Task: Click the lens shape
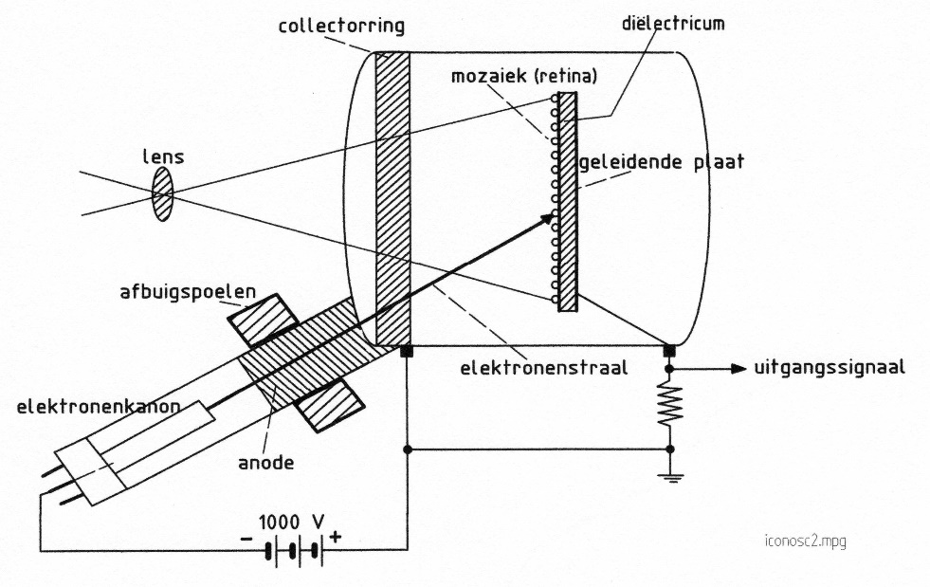click(x=163, y=194)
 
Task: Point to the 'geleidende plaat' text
click(x=662, y=162)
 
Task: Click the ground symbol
click(x=670, y=477)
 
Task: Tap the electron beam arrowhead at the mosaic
click(x=547, y=219)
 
